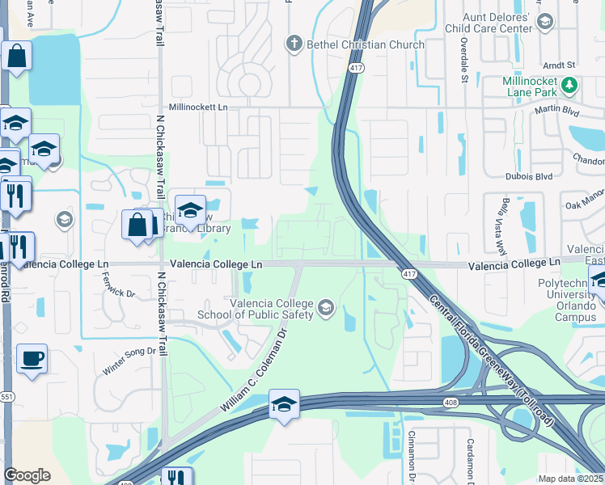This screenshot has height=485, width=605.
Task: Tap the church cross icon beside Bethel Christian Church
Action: tap(296, 44)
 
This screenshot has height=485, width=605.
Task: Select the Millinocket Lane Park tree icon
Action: tap(569, 83)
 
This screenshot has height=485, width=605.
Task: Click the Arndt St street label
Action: tap(558, 65)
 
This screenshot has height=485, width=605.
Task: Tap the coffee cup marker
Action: tap(32, 358)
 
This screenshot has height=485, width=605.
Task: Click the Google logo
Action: tap(27, 475)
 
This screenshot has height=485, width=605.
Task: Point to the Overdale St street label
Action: tap(464, 61)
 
